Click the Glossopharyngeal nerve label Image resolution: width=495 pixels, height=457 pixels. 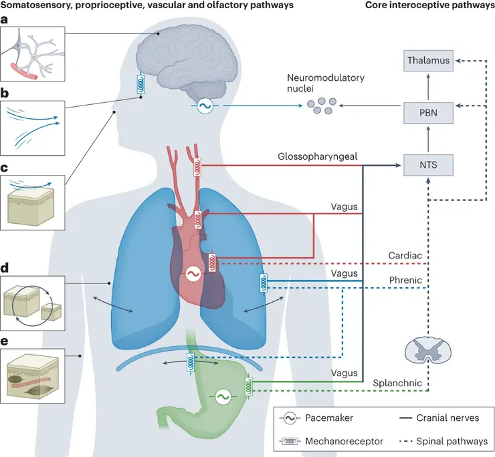point(316,156)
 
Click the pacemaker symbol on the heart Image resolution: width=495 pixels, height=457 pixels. point(194,274)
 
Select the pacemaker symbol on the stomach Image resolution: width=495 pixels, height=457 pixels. point(220,397)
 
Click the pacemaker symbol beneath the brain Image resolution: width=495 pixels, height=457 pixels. point(203,106)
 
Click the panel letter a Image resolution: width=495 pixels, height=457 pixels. point(6,21)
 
